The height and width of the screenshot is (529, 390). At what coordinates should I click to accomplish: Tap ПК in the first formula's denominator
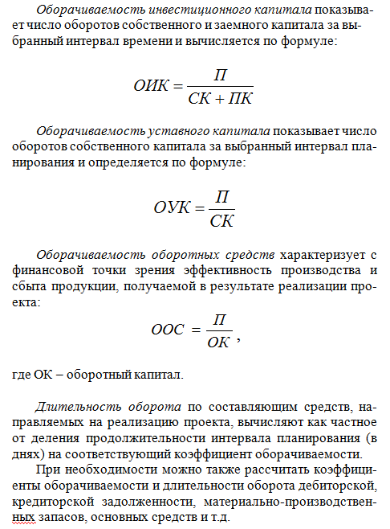238,97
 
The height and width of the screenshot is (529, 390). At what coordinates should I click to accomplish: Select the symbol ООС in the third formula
168,329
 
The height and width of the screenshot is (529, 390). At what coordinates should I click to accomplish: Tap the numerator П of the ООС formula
214,318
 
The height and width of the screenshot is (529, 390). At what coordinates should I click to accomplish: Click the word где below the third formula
22,375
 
